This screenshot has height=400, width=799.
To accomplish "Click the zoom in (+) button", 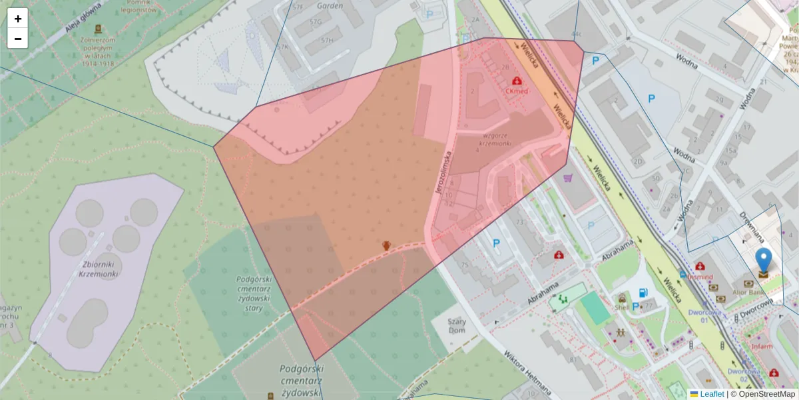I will coord(18,19).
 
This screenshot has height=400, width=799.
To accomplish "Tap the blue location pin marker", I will coord(764,260).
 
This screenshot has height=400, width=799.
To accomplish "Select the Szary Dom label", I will coord(457,325).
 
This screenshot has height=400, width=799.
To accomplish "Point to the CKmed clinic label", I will coord(517,91).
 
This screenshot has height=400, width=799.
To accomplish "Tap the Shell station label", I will coord(622,307).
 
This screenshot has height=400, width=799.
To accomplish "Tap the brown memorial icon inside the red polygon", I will coord(386,245).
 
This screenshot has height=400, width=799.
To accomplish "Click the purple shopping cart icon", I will coord(567,178).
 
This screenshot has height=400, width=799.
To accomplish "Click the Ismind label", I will coord(700,277).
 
